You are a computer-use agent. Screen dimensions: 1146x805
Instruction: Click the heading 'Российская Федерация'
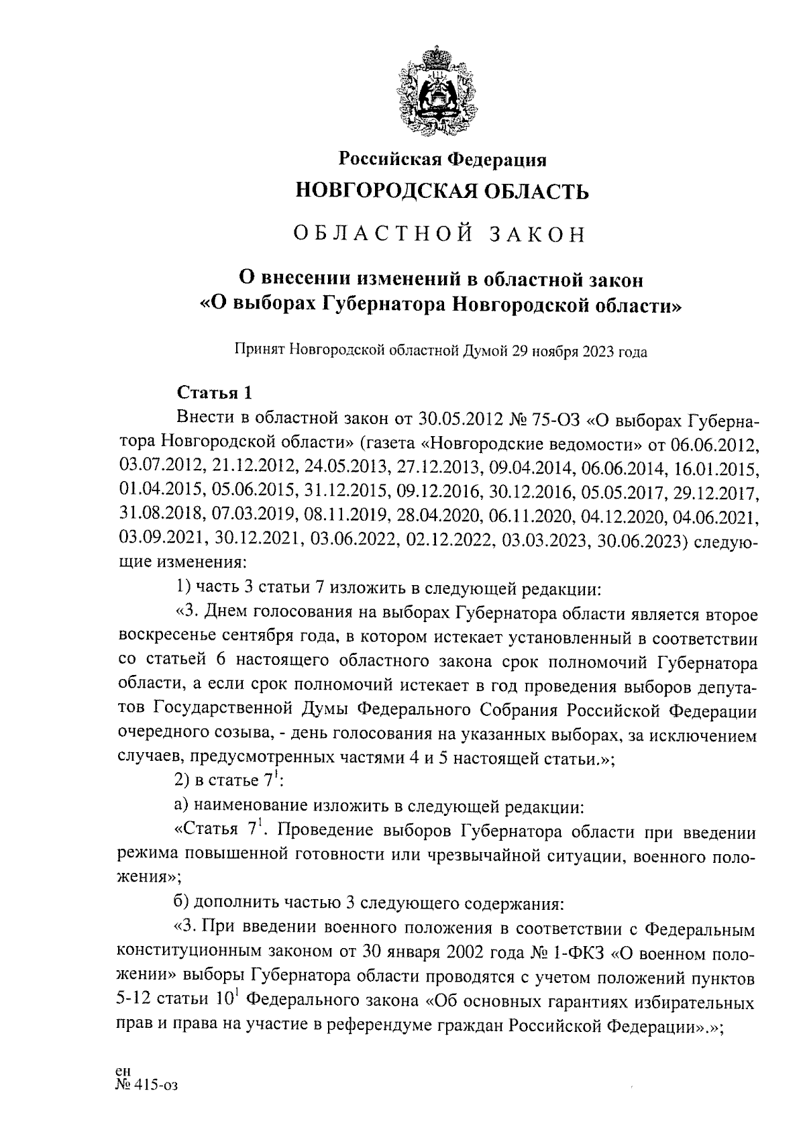pos(442,159)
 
